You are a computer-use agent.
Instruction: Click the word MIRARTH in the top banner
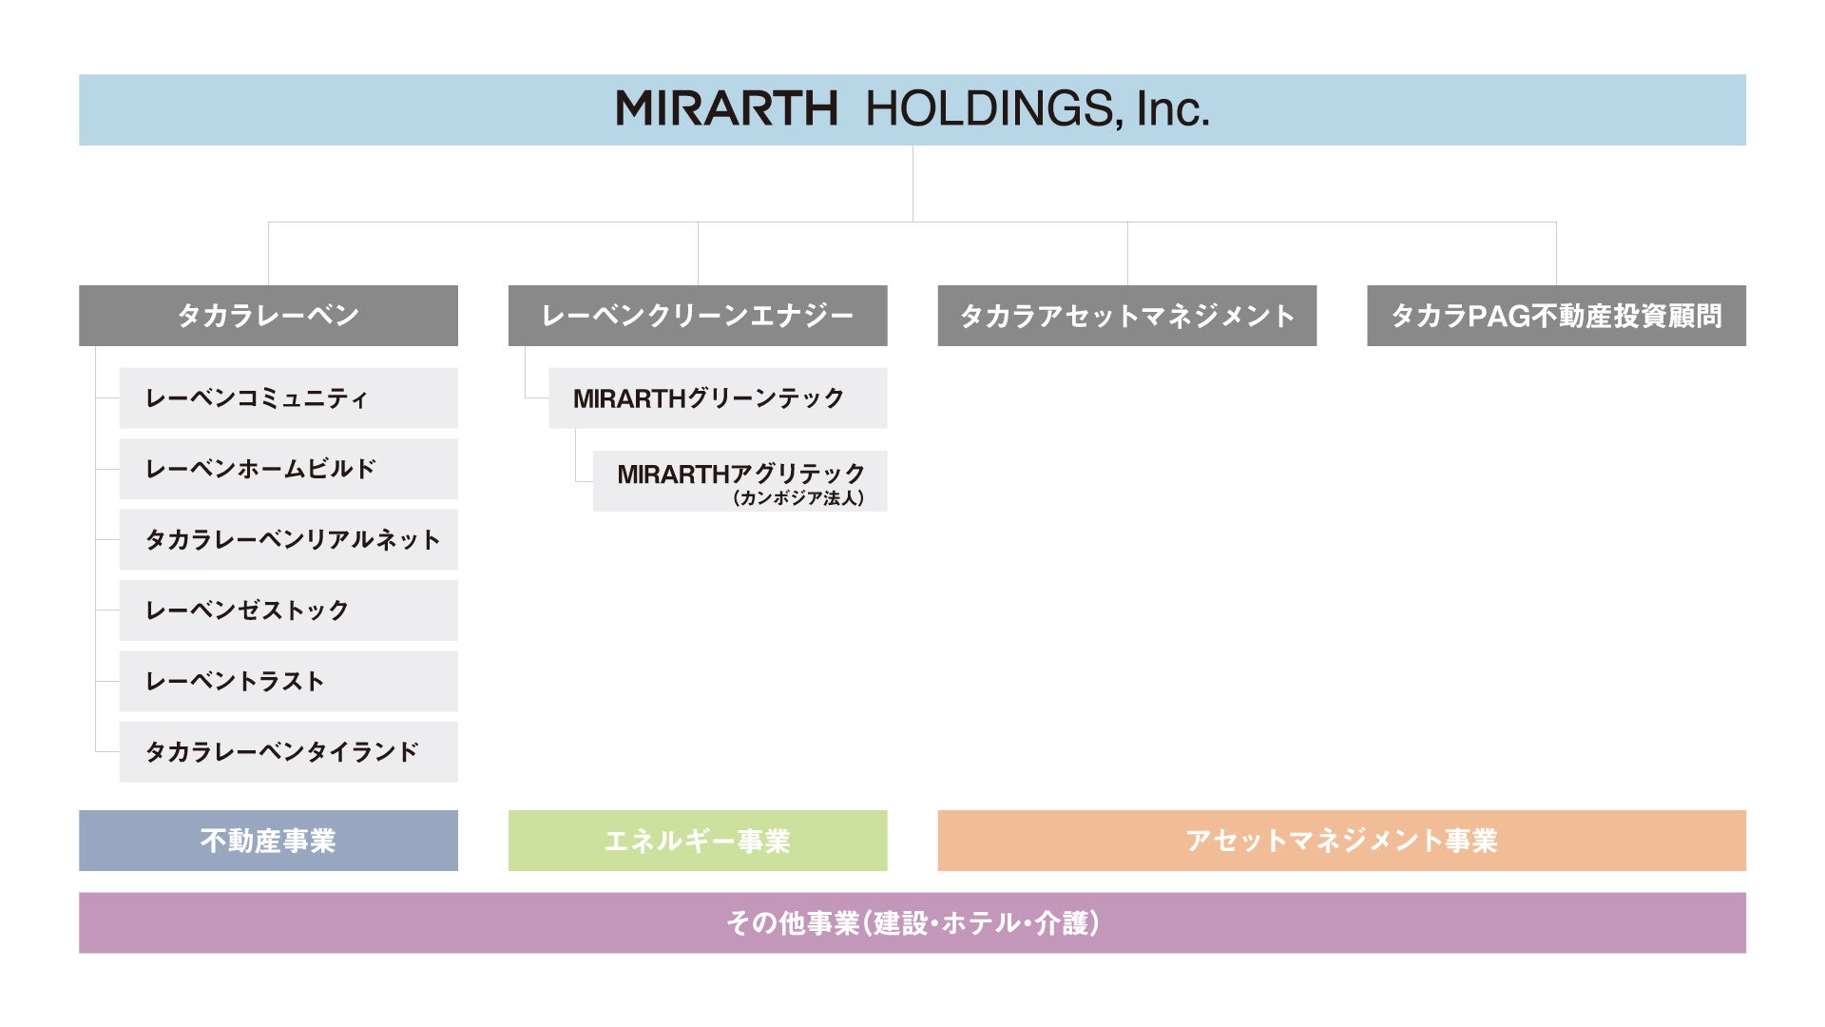tap(727, 109)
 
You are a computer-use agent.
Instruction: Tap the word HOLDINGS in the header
tap(989, 109)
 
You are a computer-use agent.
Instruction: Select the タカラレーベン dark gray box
tap(268, 316)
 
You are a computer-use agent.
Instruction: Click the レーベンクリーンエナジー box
tap(698, 316)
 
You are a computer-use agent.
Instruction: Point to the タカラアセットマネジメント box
tap(1126, 316)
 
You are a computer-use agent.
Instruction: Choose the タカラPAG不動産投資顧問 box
tap(1556, 316)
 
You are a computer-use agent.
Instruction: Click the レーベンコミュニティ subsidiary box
tap(288, 398)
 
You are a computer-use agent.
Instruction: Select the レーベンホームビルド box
tap(288, 469)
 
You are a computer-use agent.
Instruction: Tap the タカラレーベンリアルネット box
tap(288, 540)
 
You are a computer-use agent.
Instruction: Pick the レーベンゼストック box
tap(288, 610)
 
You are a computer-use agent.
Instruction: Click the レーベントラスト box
tap(288, 682)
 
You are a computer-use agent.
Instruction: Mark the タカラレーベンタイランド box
tap(288, 752)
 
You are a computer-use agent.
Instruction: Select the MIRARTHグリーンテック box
tap(718, 398)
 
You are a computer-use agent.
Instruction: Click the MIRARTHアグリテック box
tap(740, 473)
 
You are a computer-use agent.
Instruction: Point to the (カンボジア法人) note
tap(798, 498)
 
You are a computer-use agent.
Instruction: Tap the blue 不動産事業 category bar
tap(268, 841)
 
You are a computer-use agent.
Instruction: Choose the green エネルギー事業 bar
tap(698, 841)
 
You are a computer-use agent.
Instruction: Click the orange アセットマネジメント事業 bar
tap(1341, 841)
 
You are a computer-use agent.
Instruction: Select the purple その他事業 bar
tap(912, 922)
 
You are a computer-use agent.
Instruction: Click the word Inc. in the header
tap(1173, 109)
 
